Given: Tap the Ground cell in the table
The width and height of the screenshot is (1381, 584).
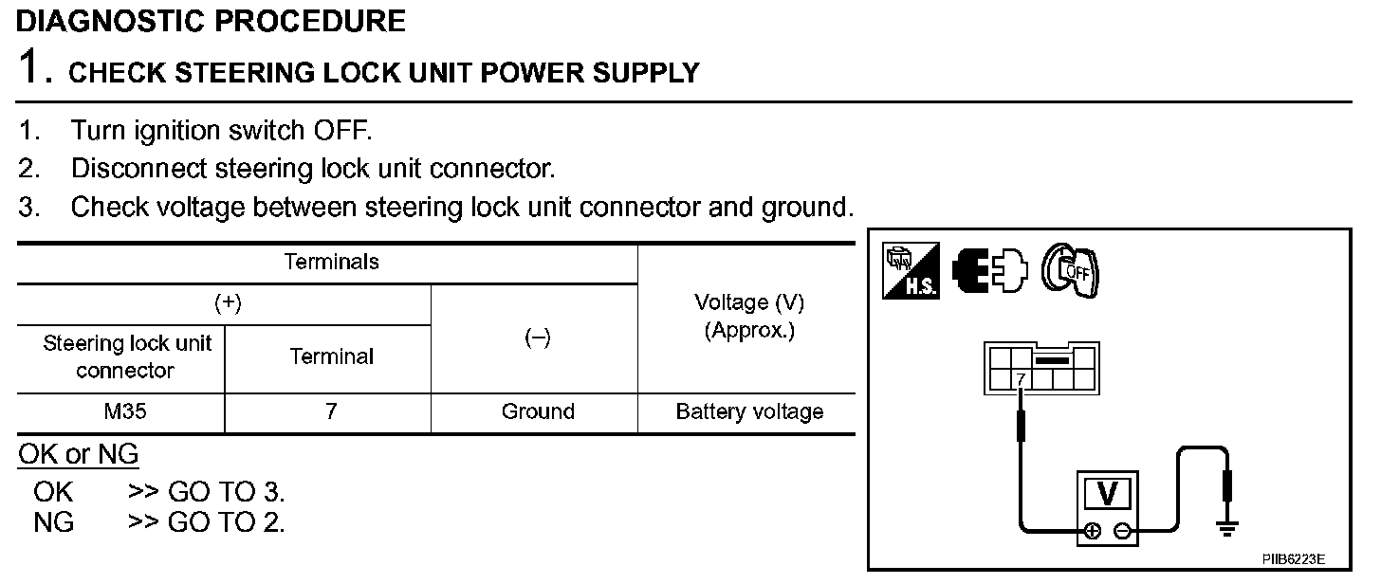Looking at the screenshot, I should tap(538, 412).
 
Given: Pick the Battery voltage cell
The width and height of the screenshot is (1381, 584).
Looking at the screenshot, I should tap(749, 412).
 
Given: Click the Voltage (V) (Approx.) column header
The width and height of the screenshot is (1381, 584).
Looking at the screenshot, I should tap(749, 318).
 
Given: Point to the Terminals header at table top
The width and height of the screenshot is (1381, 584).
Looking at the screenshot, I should tap(331, 262).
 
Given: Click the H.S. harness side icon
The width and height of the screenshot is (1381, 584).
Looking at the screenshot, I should tap(911, 272).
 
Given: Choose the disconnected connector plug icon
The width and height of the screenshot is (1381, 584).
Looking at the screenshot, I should tap(989, 272).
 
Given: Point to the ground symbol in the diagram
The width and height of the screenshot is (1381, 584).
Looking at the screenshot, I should tap(1228, 527).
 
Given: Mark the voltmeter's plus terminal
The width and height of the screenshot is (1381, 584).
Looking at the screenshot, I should tap(1094, 531).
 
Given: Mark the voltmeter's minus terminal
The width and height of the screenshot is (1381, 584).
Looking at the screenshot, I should tap(1122, 531).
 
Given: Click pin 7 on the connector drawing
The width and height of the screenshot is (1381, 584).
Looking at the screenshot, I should tap(1021, 380).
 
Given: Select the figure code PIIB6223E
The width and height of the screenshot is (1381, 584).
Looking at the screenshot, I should tap(1293, 560).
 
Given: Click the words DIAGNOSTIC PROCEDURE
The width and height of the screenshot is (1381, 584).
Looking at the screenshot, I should tap(211, 21).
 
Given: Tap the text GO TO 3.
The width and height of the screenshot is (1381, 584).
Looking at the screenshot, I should tap(226, 492).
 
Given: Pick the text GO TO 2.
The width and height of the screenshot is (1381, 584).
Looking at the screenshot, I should tap(226, 521).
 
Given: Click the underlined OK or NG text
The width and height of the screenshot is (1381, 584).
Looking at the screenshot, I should tap(79, 455).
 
